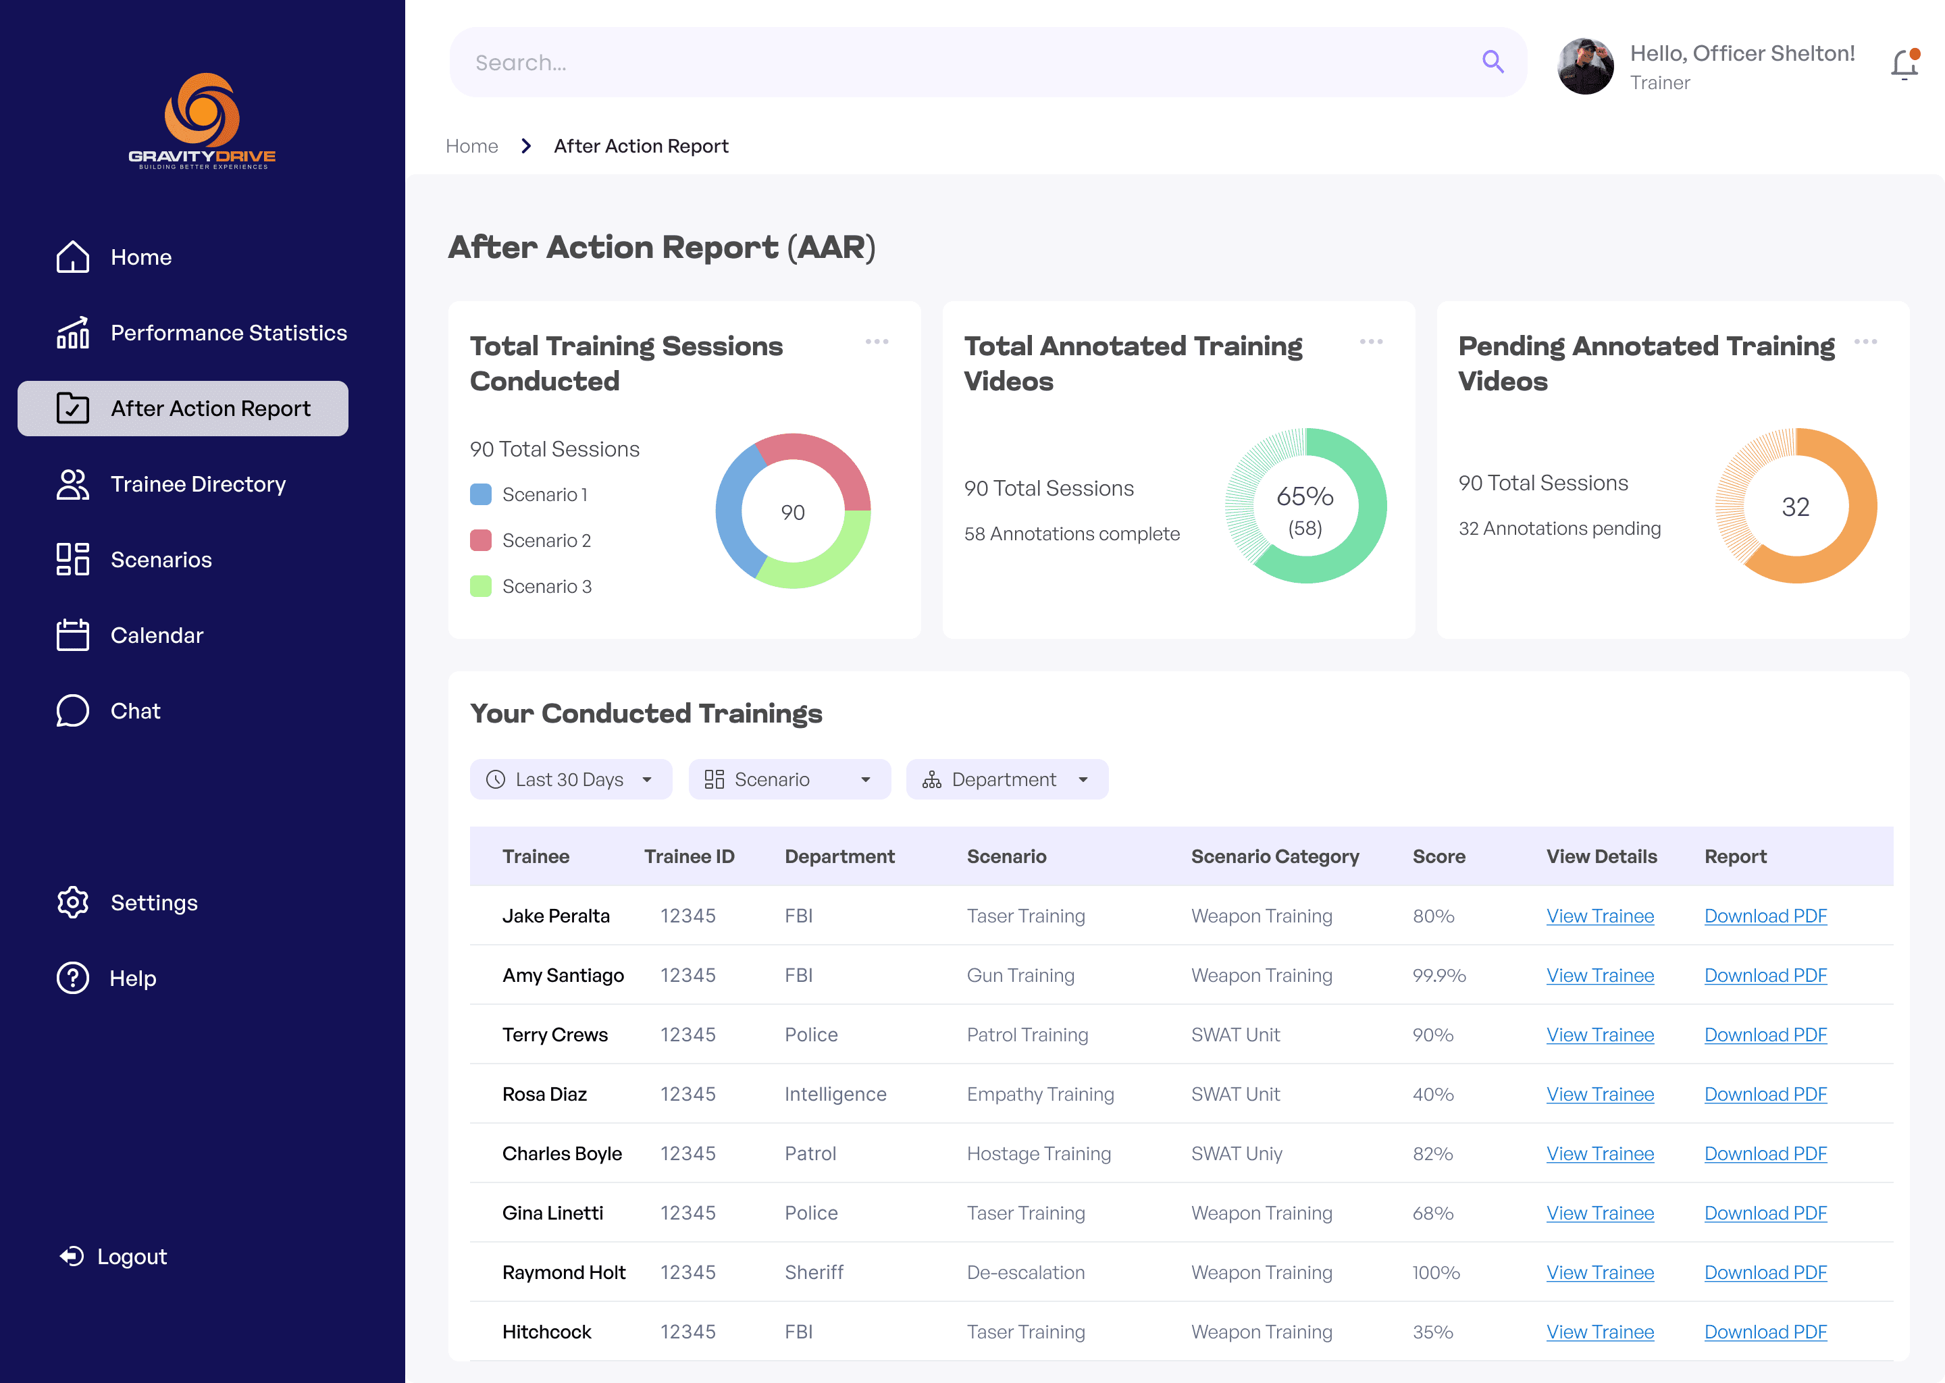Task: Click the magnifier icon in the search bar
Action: pos(1492,61)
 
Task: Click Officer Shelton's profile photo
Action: pos(1585,66)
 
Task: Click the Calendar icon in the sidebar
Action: pos(72,635)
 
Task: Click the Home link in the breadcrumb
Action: pos(472,147)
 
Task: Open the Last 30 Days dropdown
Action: pos(571,779)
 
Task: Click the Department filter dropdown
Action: pos(1006,779)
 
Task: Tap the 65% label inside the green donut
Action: pos(1305,496)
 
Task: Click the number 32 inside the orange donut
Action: pos(1795,508)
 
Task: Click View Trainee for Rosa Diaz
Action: pos(1600,1094)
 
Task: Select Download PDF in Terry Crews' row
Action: pos(1765,1035)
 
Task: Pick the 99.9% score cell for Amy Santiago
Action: pos(1439,975)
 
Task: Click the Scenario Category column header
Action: pos(1275,857)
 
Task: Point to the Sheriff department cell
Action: pos(814,1272)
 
